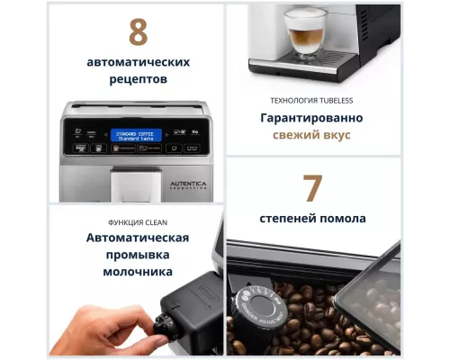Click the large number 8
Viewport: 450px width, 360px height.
pos(138,31)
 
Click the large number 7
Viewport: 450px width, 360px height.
pos(311,189)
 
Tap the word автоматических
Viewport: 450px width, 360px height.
pos(138,62)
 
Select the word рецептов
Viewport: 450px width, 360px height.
pos(138,79)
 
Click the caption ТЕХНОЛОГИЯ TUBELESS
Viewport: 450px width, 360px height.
pos(312,101)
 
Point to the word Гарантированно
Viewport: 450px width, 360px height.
pos(312,118)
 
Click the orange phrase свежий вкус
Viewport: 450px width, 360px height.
pos(312,136)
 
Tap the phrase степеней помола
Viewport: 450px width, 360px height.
pos(312,219)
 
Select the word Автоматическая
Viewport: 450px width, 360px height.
pos(138,238)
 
